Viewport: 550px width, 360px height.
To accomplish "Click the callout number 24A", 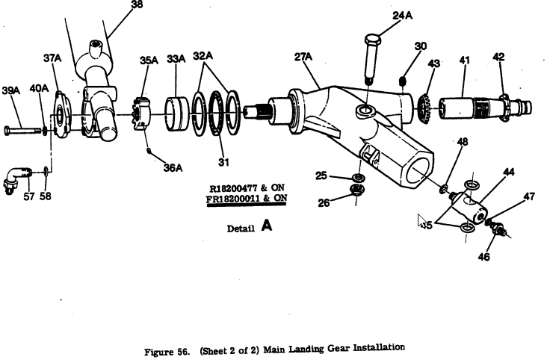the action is pos(402,16).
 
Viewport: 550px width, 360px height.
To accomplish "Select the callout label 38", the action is pos(137,4).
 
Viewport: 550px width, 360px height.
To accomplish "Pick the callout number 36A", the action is pos(173,167).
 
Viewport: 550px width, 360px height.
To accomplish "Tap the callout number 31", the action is pos(223,162).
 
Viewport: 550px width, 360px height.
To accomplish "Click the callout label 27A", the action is pos(303,57).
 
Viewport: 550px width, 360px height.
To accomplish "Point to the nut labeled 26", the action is pos(357,190).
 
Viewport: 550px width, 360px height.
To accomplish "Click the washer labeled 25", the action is pos(358,177).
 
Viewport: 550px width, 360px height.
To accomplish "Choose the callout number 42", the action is pos(498,57).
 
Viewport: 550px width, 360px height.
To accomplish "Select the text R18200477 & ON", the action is pos(247,188).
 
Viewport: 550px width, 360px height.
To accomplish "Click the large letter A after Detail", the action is pos(267,226).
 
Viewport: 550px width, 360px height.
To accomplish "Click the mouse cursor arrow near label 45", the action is pos(421,221).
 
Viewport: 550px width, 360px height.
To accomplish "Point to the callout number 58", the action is pos(46,196).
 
